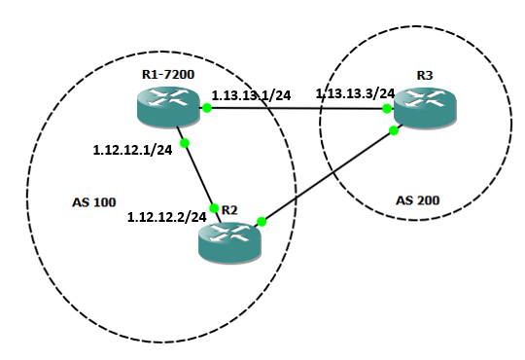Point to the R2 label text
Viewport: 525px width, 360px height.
click(x=229, y=209)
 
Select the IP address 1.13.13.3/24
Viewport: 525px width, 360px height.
click(x=355, y=93)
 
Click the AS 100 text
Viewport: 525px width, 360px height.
click(x=94, y=203)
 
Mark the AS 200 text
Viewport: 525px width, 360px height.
click(x=418, y=200)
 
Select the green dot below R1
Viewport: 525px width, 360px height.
click(x=184, y=143)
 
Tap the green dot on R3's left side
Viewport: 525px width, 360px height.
click(x=387, y=109)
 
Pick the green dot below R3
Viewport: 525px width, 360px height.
click(x=393, y=129)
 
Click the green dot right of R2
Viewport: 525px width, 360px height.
click(x=262, y=222)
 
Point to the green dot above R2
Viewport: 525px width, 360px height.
click(x=214, y=207)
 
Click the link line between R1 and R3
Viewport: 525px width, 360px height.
click(x=297, y=109)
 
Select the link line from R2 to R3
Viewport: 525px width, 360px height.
click(x=327, y=176)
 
